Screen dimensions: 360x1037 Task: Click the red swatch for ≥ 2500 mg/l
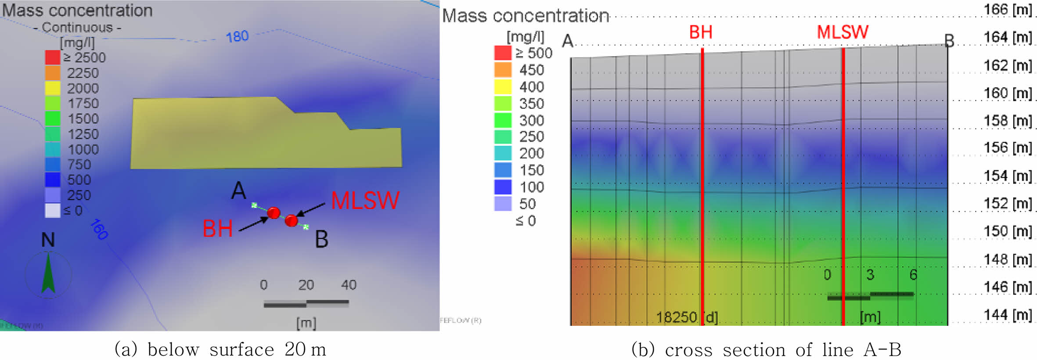click(52, 58)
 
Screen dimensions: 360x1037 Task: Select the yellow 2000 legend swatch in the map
click(52, 88)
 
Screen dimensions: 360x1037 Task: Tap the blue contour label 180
click(237, 36)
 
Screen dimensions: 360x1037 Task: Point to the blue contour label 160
click(99, 229)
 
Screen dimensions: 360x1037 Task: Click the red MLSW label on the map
click(365, 201)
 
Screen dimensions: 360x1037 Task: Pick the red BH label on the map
click(217, 229)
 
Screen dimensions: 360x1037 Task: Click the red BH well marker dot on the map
click(274, 213)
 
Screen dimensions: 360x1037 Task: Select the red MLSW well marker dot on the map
click(291, 220)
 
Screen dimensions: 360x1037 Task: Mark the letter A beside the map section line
click(238, 191)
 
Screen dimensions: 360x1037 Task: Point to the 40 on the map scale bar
click(349, 285)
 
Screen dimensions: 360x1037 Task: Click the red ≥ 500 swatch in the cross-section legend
click(503, 53)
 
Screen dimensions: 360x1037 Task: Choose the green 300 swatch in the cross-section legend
click(503, 120)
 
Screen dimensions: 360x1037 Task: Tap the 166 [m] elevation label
click(1008, 9)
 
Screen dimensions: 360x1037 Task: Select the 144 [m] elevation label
click(1008, 315)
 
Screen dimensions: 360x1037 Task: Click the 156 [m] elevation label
click(1008, 148)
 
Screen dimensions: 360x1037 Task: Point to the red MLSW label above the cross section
click(842, 32)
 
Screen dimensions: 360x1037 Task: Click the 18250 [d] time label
click(687, 317)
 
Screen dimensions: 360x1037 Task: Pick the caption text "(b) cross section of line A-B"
click(766, 350)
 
